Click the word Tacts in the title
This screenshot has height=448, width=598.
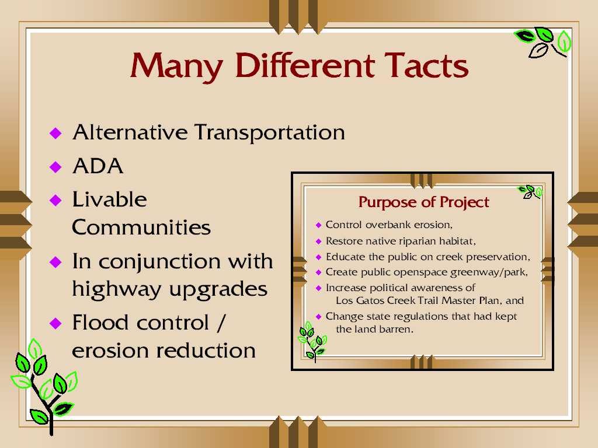click(x=426, y=65)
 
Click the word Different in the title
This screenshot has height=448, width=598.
click(x=305, y=65)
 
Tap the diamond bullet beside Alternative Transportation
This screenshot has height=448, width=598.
click(x=55, y=133)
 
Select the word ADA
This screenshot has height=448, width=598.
click(x=98, y=166)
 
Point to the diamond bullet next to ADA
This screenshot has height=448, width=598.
click(x=55, y=166)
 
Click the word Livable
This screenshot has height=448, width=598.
click(x=109, y=199)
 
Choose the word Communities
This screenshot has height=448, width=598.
click(x=141, y=228)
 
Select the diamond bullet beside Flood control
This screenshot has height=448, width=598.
click(x=55, y=323)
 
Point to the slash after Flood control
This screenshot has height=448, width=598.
click(x=221, y=323)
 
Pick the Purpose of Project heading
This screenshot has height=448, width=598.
click(x=424, y=202)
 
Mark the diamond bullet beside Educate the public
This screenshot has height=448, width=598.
click(x=319, y=257)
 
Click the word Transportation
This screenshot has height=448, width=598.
click(x=270, y=133)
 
